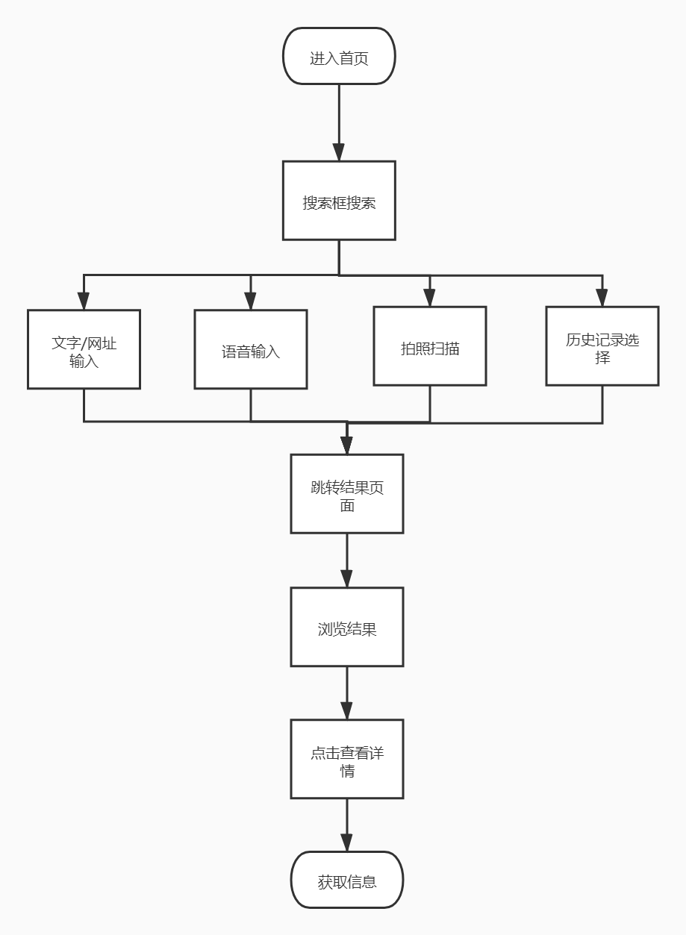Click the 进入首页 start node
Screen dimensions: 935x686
pos(339,57)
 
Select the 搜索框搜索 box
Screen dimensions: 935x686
pos(339,201)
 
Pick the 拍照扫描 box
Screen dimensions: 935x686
pos(430,346)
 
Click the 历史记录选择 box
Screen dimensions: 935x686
pos(602,346)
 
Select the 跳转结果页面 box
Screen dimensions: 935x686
pos(347,494)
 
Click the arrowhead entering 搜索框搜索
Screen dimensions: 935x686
pos(339,153)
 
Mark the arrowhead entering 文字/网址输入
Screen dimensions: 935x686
pos(84,301)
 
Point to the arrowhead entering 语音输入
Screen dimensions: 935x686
pos(251,301)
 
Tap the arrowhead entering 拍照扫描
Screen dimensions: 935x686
pos(430,298)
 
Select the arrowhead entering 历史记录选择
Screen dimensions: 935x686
pos(602,298)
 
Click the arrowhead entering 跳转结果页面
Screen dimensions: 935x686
pos(347,446)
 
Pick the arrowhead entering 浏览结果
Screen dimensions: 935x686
pos(347,579)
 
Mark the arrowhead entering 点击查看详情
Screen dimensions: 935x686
pos(347,711)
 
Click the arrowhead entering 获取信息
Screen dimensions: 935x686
pos(347,843)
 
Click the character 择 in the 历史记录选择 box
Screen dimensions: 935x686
pos(602,357)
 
